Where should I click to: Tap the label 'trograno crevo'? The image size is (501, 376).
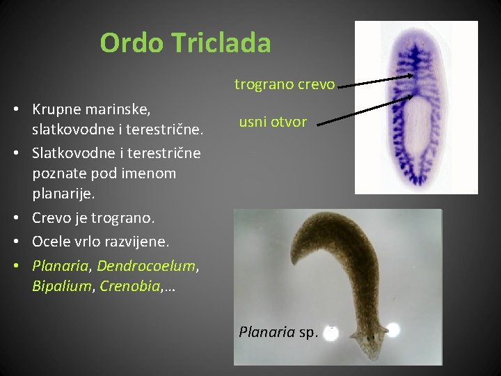[x=285, y=85]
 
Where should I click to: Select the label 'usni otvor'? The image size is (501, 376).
[x=273, y=122]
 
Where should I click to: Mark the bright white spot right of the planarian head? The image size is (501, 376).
[x=393, y=329]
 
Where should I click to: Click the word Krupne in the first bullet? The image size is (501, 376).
[x=58, y=109]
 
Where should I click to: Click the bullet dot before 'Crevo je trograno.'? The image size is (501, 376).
[x=23, y=218]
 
